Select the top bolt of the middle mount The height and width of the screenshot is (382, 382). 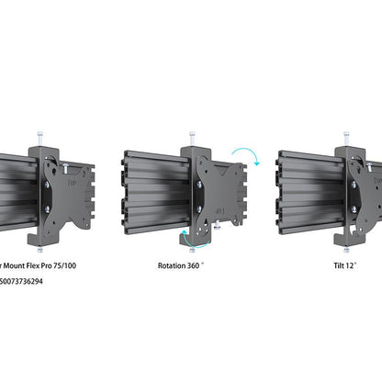tap(192, 138)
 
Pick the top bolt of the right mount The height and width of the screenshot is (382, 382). tap(346, 138)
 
